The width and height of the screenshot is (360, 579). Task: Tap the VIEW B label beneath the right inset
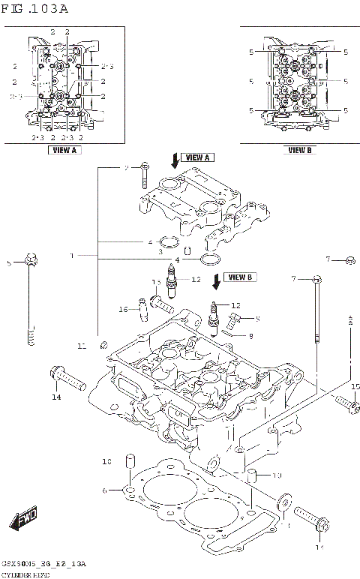(x=299, y=150)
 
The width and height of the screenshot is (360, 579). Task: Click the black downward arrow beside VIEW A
(x=175, y=159)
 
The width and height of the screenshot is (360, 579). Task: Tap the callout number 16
(x=124, y=309)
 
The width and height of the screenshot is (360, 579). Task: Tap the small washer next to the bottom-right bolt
(x=285, y=501)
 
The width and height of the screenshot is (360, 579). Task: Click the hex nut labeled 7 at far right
(x=350, y=260)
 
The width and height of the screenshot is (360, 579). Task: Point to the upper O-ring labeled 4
(x=171, y=242)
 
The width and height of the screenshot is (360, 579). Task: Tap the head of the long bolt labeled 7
(x=317, y=279)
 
